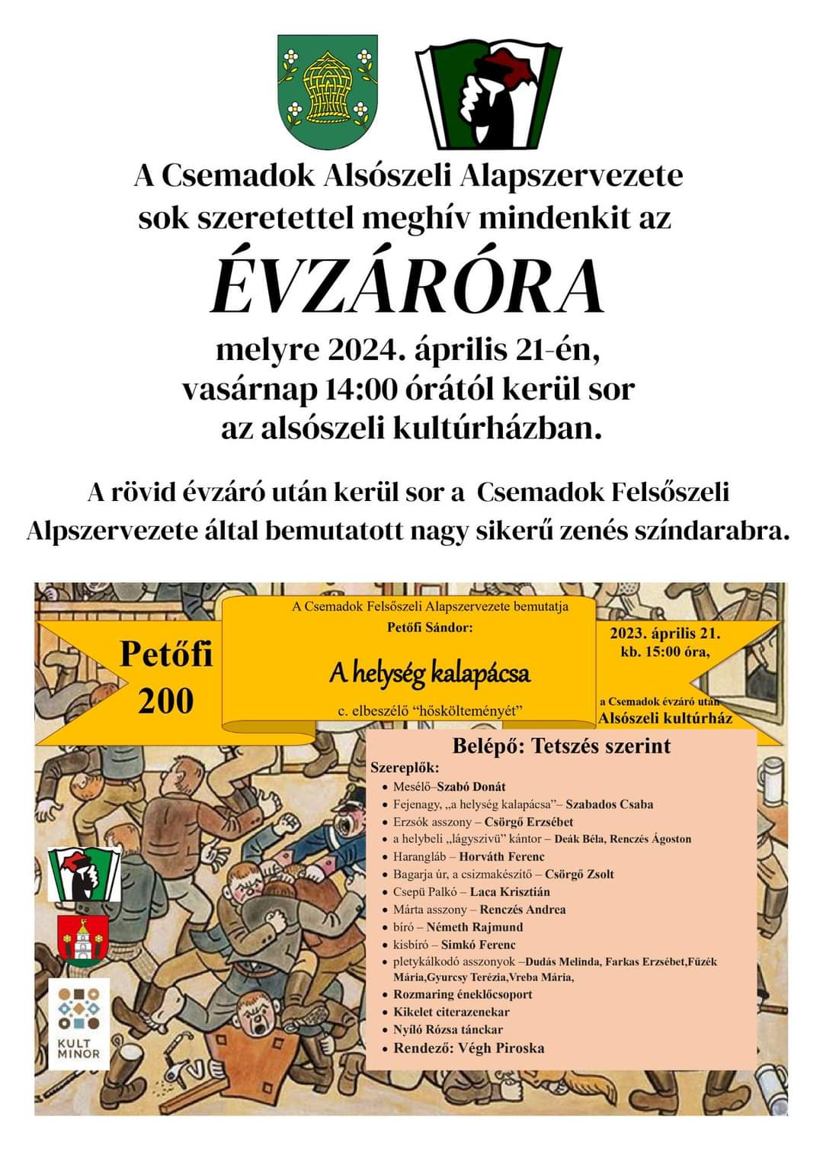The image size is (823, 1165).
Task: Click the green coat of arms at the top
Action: click(328, 91)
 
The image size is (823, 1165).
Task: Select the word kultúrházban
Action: click(496, 428)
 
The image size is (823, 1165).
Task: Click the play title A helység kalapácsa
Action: click(430, 673)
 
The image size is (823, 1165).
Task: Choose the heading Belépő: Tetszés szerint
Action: click(562, 745)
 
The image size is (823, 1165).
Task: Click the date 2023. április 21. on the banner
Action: click(664, 634)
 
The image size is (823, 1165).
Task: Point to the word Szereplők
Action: click(405, 767)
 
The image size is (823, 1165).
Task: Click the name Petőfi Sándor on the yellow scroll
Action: click(430, 629)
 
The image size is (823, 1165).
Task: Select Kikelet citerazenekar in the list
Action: click(451, 1012)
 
